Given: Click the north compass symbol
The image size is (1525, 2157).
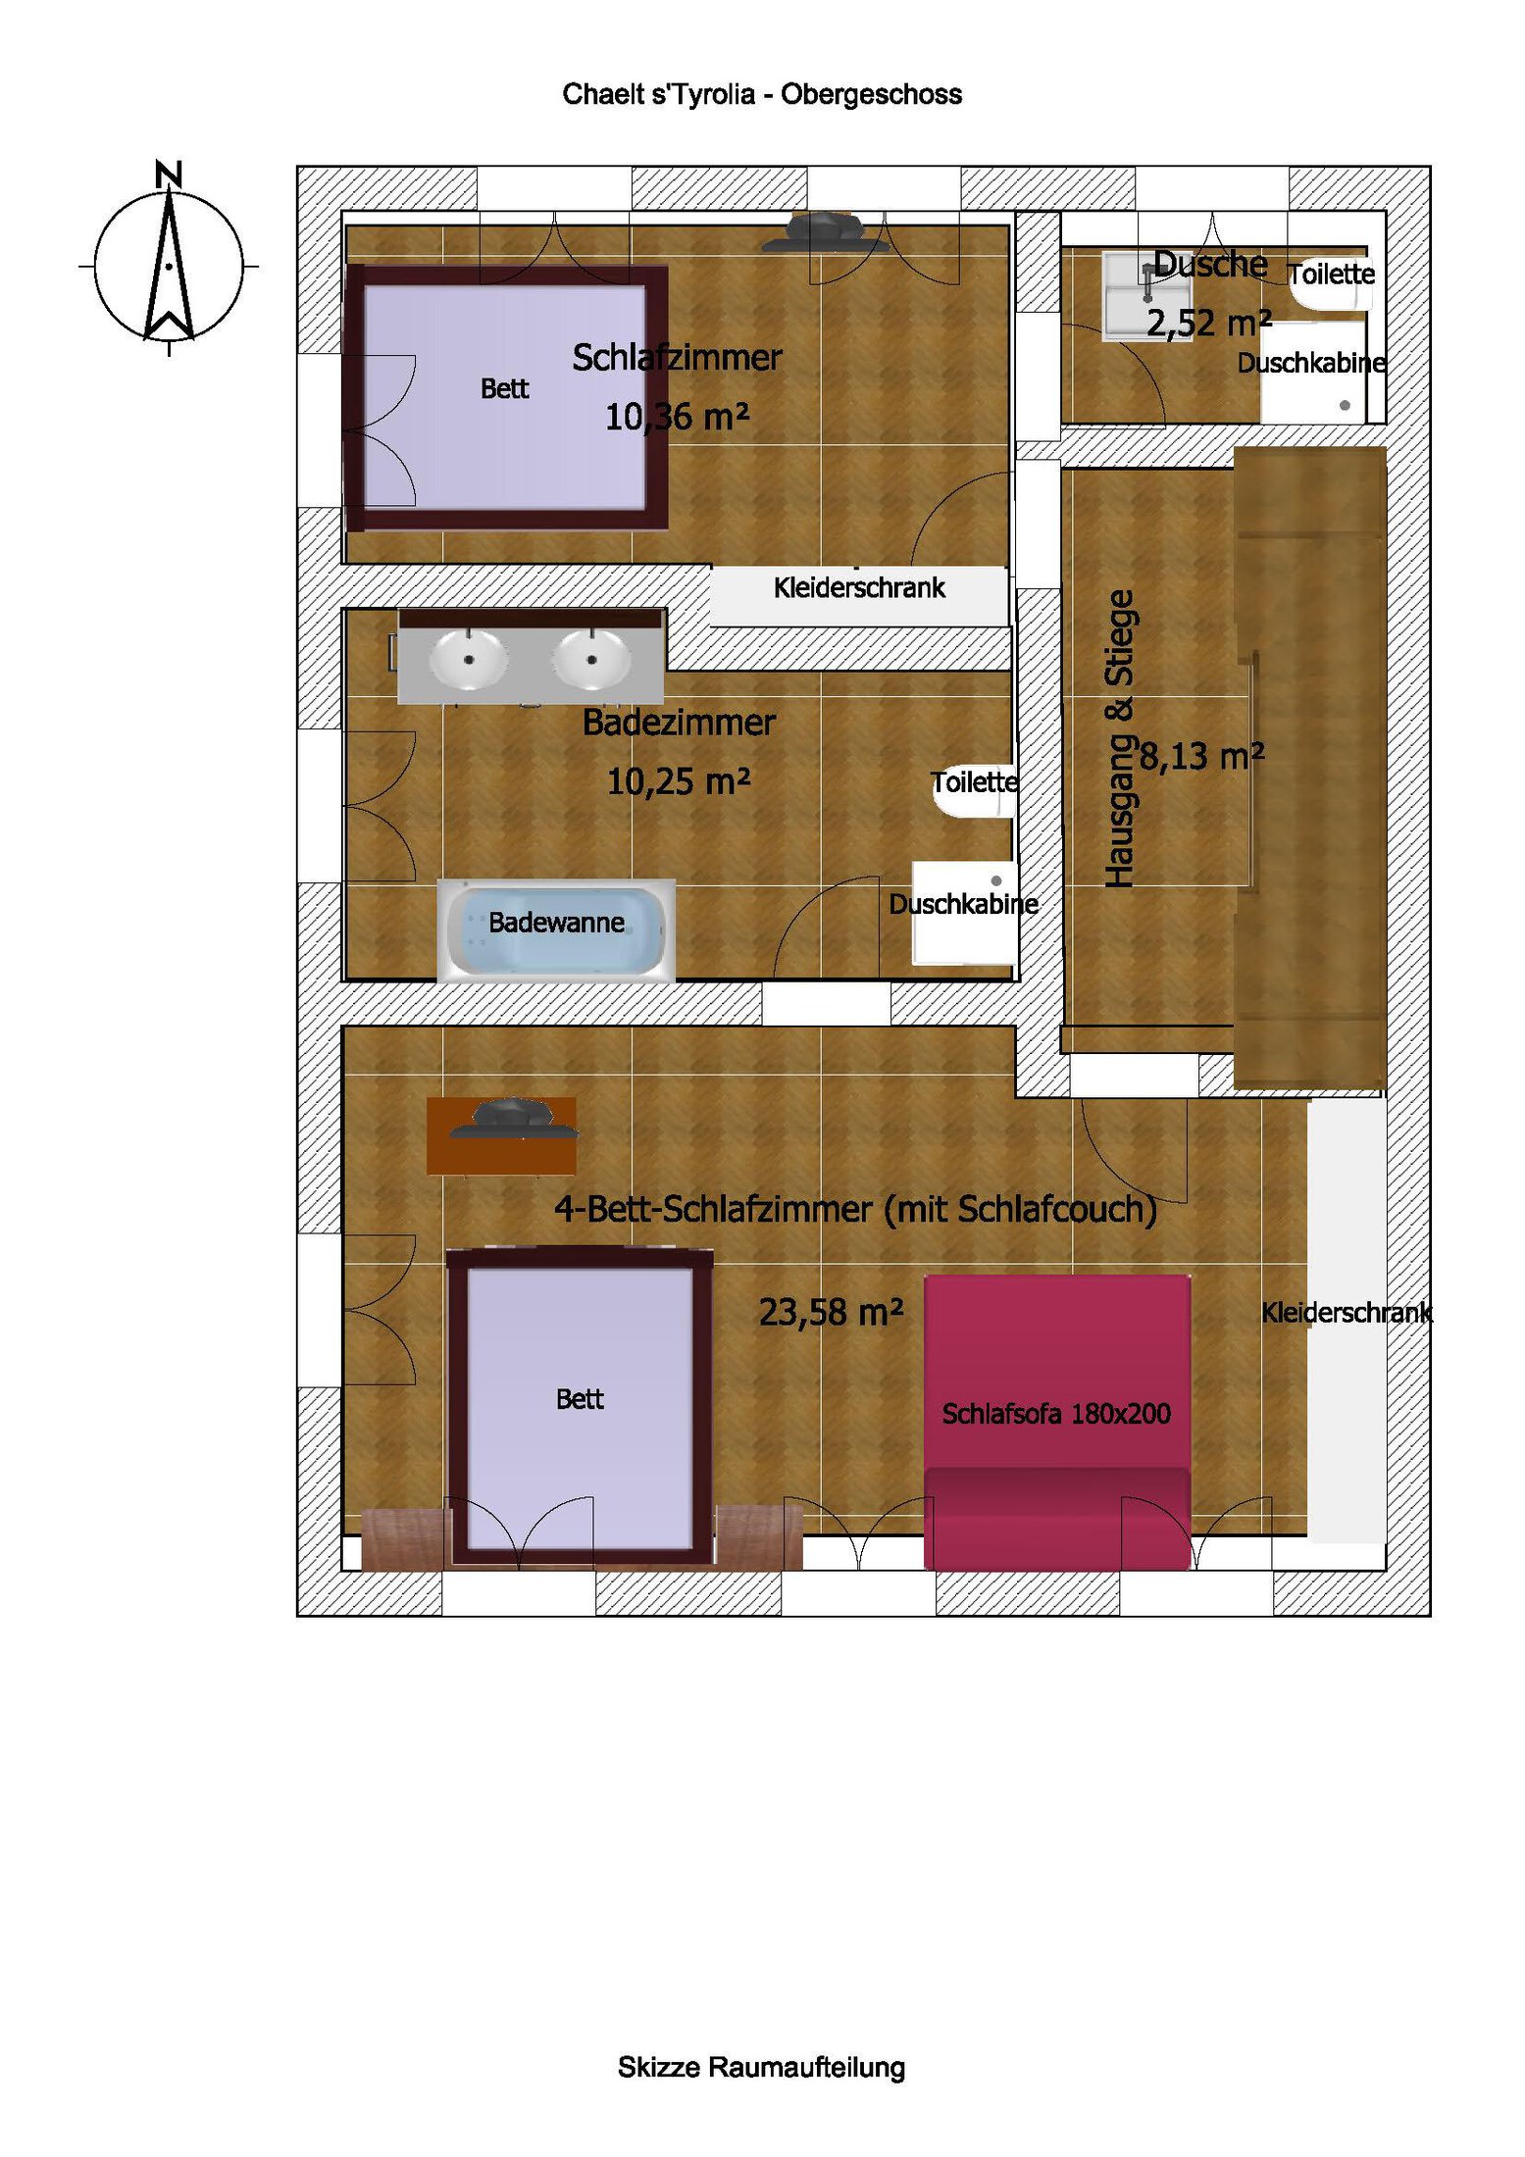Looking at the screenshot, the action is coord(169,259).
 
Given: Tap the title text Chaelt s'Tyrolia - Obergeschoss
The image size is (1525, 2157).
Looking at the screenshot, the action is coord(762,94).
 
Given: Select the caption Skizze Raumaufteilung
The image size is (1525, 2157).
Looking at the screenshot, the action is coord(761,2067).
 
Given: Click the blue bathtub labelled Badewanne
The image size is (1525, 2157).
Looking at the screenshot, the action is coord(556,929).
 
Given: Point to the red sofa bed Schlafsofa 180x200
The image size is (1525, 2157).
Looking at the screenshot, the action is coord(1057,1421).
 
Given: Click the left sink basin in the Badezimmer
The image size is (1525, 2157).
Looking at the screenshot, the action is coord(469,659).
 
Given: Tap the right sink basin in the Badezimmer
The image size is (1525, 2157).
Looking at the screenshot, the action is coord(591,659).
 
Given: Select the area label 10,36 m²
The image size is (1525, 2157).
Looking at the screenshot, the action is coord(677,417).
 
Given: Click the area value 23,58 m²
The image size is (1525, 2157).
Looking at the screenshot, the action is coord(831,1312).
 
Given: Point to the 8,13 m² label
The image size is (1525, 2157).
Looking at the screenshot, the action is coord(1201,756).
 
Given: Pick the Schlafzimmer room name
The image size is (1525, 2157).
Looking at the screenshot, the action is coord(677,358).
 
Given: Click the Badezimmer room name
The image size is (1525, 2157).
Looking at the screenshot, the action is coord(679,723).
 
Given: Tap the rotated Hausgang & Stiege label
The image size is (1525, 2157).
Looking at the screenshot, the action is coord(1119,738).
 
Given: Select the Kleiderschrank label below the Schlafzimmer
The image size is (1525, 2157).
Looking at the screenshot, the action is coord(859,587).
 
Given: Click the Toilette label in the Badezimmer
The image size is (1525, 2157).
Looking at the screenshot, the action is coord(974,781).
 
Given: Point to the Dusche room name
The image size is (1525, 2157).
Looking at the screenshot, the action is coord(1210,264).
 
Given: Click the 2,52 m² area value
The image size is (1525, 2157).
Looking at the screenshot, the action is coord(1209,323).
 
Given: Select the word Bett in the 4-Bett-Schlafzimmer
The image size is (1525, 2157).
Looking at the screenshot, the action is coord(580,1399).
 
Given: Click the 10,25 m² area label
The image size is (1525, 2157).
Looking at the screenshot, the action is coord(679,781).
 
